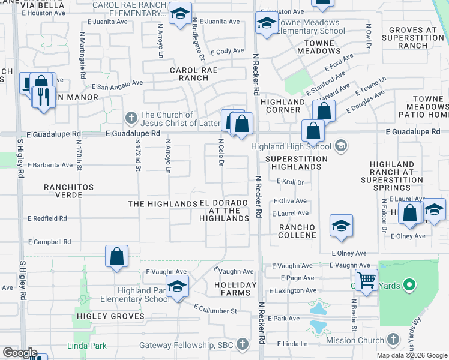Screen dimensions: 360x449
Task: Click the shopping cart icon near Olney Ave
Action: coord(366,280)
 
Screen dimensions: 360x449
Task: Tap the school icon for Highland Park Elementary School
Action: coord(177,287)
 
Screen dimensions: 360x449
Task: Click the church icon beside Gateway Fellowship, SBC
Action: coord(242,344)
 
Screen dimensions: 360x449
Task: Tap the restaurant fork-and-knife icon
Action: coord(42,97)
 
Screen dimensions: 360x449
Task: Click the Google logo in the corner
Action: coord(19,352)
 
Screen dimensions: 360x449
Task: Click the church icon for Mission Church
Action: coord(393,340)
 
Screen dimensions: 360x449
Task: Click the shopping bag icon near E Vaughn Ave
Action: coord(117,256)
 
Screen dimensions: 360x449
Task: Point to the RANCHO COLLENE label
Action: coord(298,231)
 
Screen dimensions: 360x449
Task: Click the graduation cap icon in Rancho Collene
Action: coord(341,226)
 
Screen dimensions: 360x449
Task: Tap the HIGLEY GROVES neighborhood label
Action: coord(110,316)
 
